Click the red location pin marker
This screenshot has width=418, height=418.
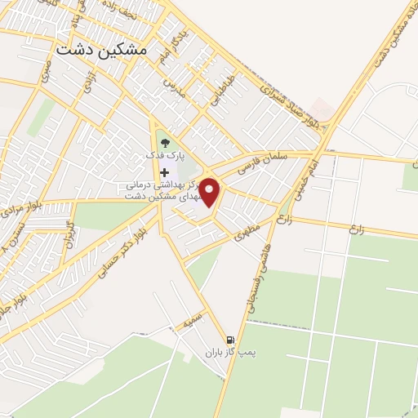tap(211, 192)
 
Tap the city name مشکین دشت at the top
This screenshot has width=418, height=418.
tap(103, 49)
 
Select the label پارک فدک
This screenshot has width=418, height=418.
tap(166, 154)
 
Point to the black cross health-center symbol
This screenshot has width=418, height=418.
tap(165, 172)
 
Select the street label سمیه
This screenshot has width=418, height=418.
tap(193, 322)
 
